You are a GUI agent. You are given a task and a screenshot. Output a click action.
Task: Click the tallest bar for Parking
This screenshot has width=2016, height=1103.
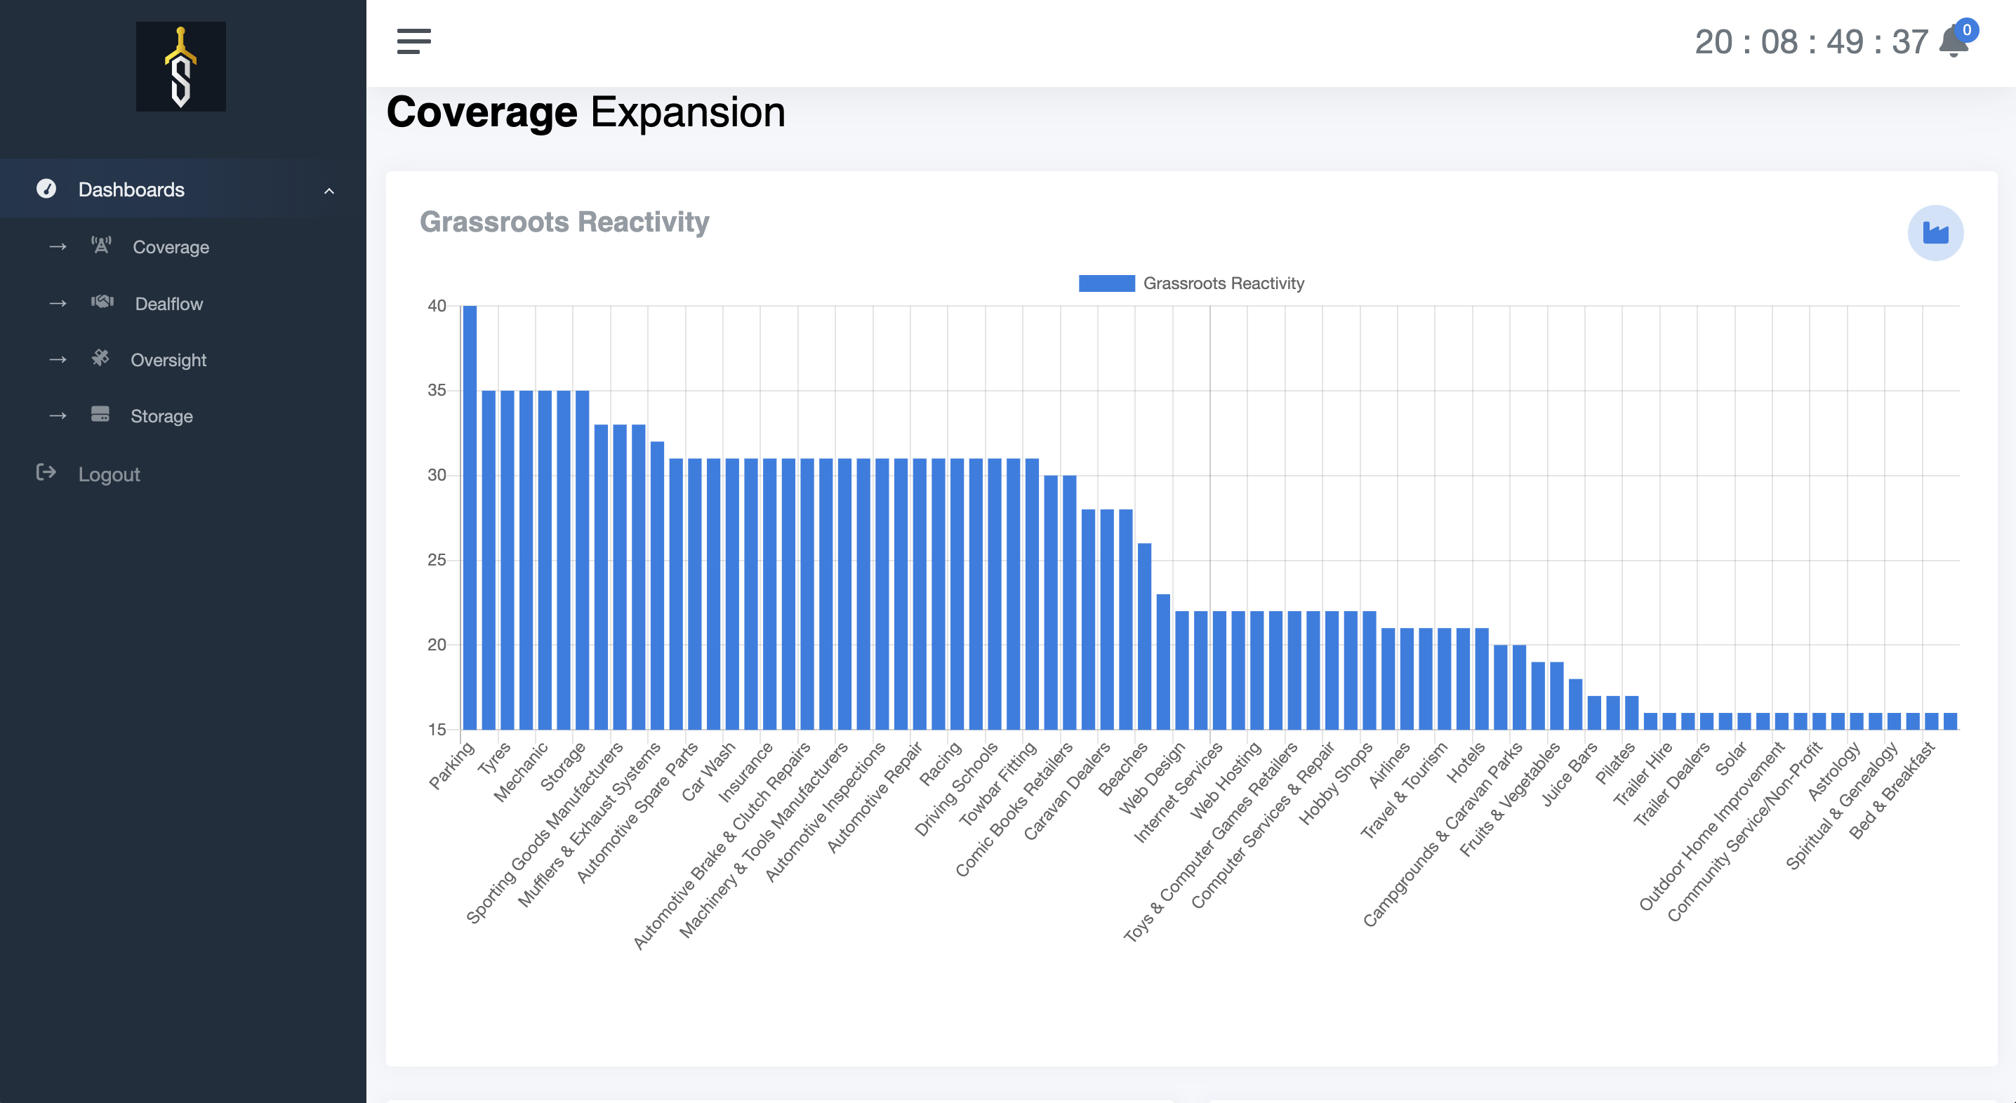(x=470, y=516)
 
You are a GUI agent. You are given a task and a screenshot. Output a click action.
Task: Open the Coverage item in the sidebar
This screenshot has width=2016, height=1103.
(x=171, y=247)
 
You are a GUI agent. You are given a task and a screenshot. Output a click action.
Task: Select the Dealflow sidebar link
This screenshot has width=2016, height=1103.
(x=168, y=304)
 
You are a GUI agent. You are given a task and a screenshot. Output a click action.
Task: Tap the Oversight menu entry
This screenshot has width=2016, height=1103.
(x=168, y=360)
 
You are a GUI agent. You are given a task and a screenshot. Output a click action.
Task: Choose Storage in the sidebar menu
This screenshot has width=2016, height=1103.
(x=161, y=416)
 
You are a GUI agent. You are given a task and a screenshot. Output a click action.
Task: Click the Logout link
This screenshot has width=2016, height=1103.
(x=109, y=474)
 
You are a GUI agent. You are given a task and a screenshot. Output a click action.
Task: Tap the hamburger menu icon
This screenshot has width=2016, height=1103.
(x=414, y=41)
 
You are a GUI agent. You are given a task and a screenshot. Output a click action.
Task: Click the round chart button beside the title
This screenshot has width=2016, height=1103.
(x=1935, y=233)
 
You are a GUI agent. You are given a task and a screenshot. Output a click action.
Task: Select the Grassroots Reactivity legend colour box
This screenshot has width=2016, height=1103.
(x=1106, y=283)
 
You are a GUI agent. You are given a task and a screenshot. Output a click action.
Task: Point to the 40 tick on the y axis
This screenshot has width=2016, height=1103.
(x=437, y=306)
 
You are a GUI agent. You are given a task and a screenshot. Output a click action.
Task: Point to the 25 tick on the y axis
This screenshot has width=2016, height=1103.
(x=437, y=560)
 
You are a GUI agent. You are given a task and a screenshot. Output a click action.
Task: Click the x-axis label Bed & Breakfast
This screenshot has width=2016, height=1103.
(x=1892, y=790)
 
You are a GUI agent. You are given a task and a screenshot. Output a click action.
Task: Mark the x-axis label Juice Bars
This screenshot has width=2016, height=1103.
(x=1569, y=775)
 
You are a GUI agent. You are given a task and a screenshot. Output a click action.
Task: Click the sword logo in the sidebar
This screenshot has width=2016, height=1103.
(x=181, y=67)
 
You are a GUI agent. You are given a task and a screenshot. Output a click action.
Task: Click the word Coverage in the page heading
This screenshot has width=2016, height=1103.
(x=482, y=112)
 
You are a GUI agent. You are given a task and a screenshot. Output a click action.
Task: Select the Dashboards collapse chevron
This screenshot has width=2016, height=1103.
(x=329, y=191)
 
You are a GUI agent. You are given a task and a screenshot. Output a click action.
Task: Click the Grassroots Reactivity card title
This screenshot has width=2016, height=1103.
(x=564, y=222)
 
